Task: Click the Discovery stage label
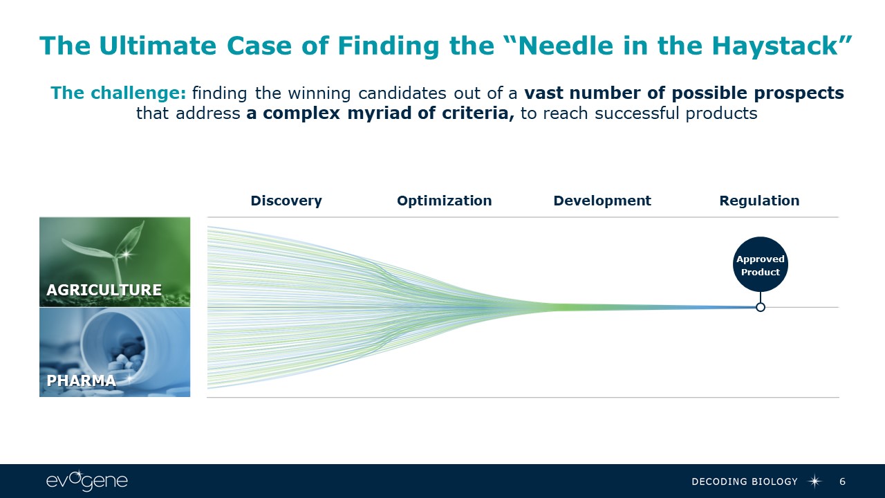click(286, 201)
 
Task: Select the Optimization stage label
click(444, 201)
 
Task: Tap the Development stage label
click(602, 201)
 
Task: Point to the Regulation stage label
click(759, 201)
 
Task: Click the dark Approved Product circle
click(760, 266)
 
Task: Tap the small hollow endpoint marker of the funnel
click(761, 307)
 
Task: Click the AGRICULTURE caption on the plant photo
click(104, 290)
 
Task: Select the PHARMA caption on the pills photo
click(81, 380)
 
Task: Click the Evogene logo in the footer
click(87, 481)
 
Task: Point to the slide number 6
click(842, 481)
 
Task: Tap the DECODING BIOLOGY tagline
click(745, 481)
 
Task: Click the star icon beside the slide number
click(815, 481)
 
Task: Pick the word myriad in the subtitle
click(376, 113)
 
